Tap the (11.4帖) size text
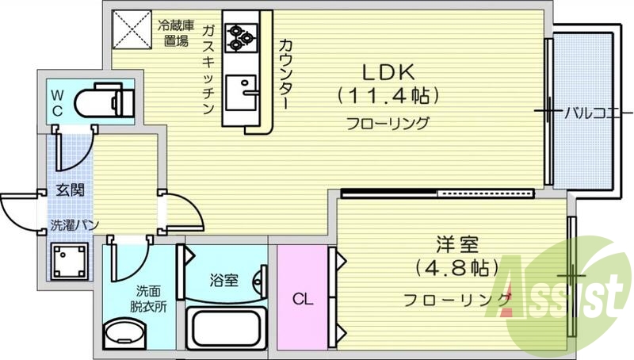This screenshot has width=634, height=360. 388,97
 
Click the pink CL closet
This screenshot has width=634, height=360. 301,297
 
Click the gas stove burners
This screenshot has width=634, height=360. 239,35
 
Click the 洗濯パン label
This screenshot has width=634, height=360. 74,225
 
